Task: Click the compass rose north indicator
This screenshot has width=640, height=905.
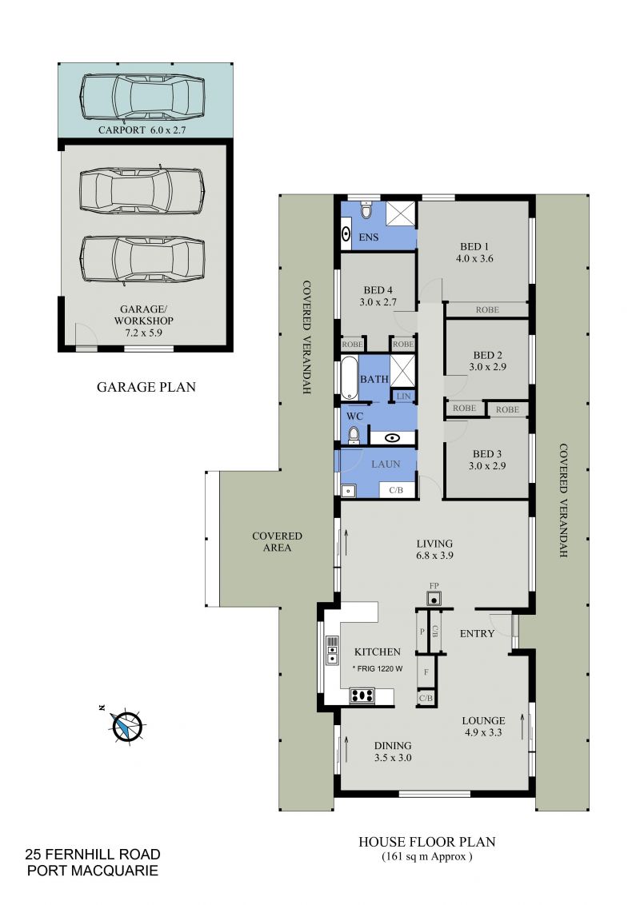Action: (x=126, y=725)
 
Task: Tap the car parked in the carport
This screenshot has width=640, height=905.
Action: (x=142, y=97)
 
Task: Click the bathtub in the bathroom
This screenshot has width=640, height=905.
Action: (x=349, y=378)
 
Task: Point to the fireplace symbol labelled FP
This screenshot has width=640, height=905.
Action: (x=434, y=598)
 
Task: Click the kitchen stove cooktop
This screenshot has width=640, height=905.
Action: (x=362, y=696)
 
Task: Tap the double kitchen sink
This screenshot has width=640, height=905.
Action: (x=332, y=650)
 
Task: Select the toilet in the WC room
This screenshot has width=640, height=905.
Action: (x=354, y=435)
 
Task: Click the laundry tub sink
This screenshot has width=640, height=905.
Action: (x=348, y=491)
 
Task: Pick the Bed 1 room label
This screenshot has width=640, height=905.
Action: (x=474, y=252)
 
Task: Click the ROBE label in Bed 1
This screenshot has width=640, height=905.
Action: (x=487, y=310)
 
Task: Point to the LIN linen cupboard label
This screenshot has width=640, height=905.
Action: (x=404, y=396)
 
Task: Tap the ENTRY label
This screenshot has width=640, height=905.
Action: (x=477, y=634)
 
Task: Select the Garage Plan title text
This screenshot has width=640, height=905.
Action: (x=146, y=387)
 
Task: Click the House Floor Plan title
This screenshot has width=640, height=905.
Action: (x=427, y=842)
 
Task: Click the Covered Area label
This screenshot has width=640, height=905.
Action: (x=278, y=541)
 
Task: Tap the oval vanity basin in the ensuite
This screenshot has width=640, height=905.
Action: (x=346, y=233)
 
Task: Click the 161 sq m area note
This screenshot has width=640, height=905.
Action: (x=427, y=856)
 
